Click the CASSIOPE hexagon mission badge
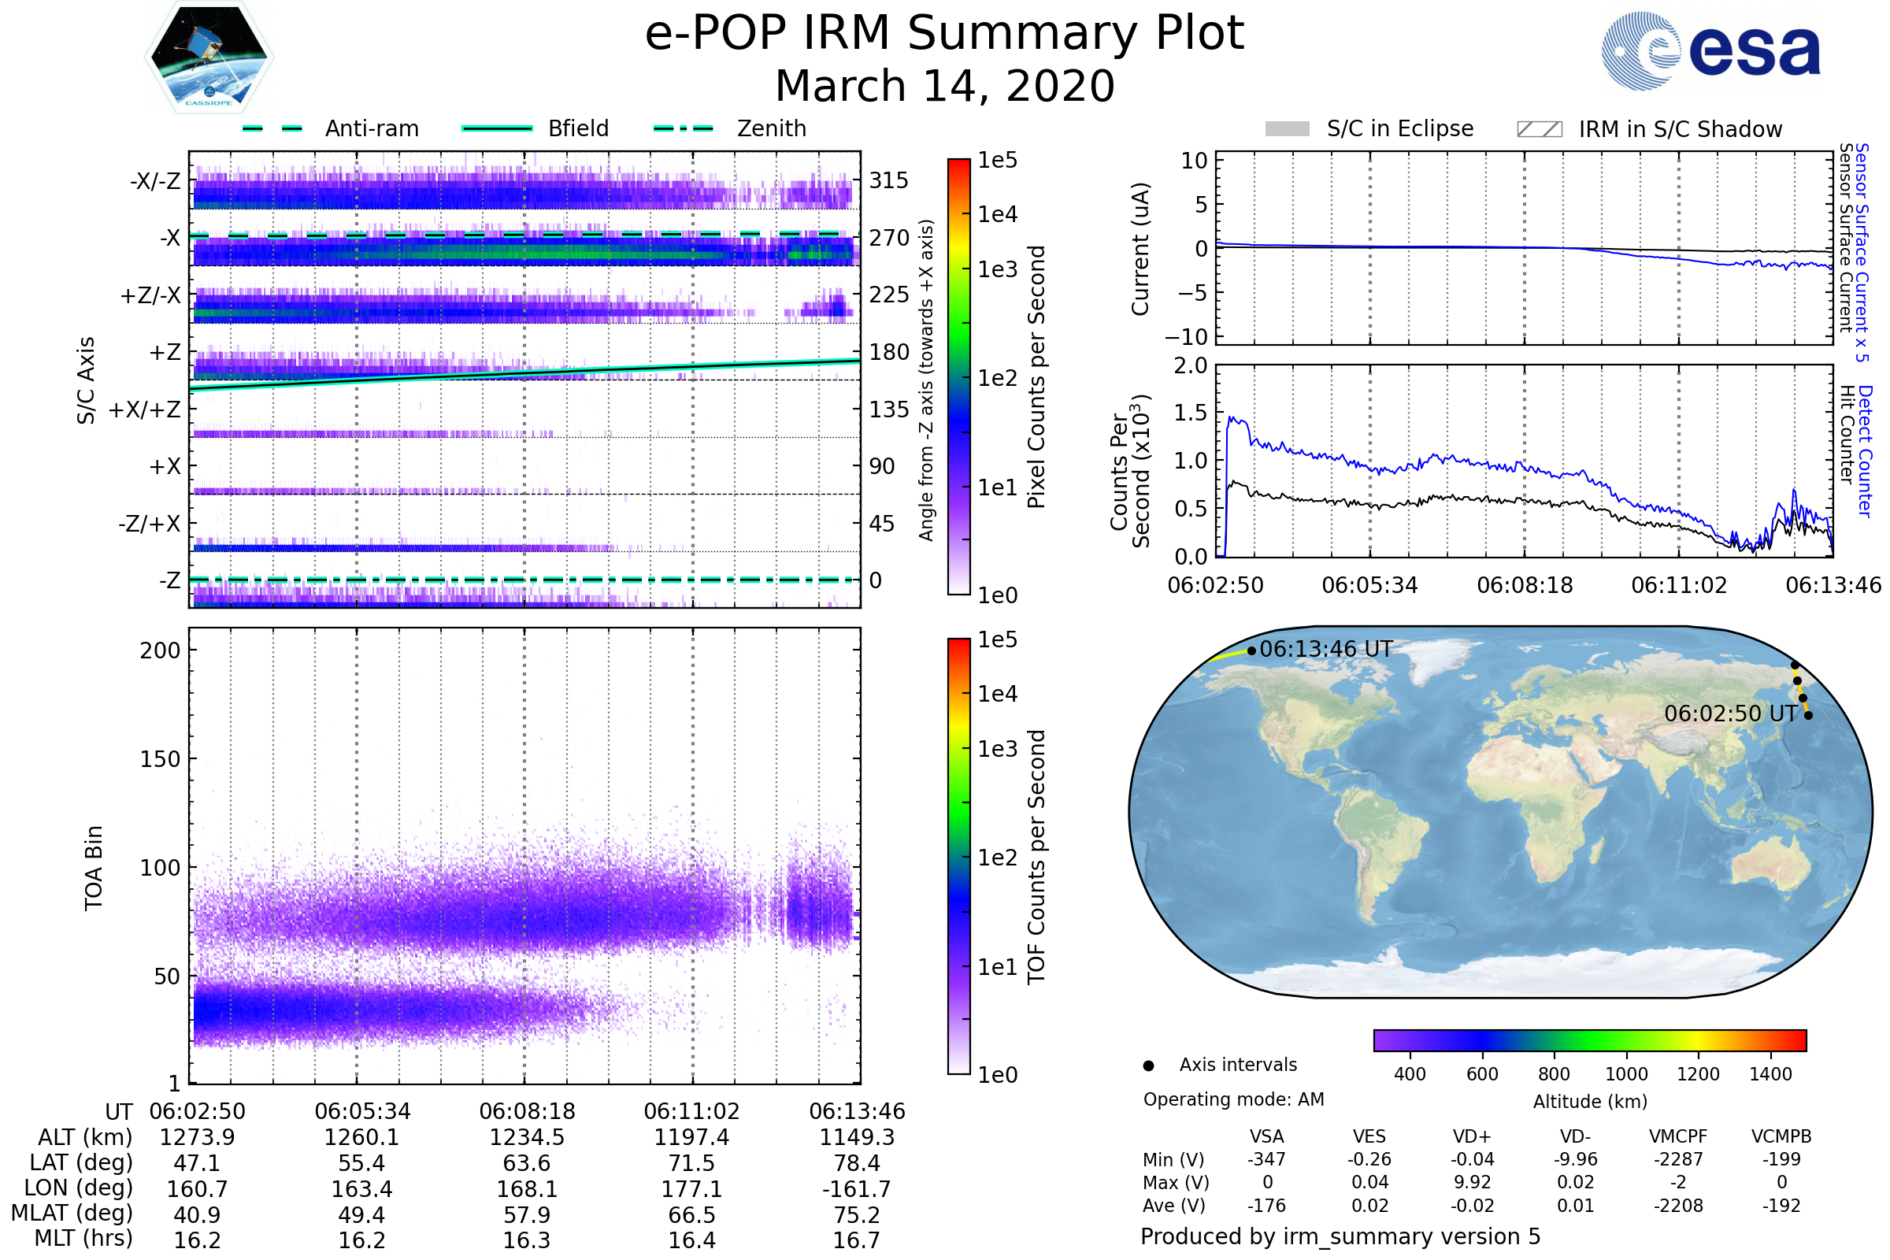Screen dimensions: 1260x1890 (x=209, y=56)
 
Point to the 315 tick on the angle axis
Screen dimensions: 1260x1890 (x=889, y=180)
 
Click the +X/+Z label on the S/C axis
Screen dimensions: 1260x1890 (x=145, y=409)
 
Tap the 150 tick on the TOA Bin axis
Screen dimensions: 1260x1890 (x=160, y=759)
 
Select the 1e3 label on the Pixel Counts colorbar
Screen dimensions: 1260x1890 (x=997, y=269)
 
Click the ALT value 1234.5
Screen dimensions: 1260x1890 (x=526, y=1137)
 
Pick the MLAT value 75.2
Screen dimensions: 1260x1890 (x=857, y=1215)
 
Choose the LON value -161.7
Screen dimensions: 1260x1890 (x=857, y=1188)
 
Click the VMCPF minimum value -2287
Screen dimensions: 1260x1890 (x=1678, y=1159)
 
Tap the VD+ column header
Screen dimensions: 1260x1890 (x=1472, y=1136)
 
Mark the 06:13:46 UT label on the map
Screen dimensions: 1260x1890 (x=1326, y=649)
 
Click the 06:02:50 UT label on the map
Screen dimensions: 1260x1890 (x=1730, y=713)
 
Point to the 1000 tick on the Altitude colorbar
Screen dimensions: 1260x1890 (x=1626, y=1074)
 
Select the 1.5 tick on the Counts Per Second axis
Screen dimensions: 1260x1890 (x=1191, y=413)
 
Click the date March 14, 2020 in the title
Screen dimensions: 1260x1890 (x=945, y=86)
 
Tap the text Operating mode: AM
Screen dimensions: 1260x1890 (x=1233, y=1099)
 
